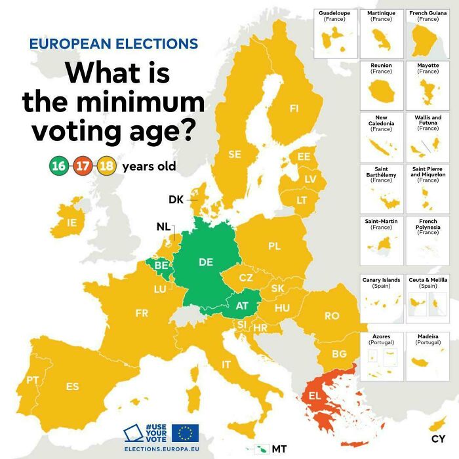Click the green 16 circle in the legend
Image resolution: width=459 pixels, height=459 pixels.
click(58, 166)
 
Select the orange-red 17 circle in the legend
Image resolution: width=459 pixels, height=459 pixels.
click(82, 166)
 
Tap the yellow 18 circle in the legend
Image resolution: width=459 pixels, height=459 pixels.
click(106, 166)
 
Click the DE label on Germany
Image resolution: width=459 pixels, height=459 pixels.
click(206, 262)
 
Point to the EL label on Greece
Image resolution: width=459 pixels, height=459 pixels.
click(315, 396)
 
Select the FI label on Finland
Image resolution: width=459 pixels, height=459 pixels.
click(294, 108)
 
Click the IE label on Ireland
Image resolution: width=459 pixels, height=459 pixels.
click(71, 223)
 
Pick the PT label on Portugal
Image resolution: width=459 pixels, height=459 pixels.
click(32, 380)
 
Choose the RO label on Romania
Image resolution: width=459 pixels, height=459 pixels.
click(332, 315)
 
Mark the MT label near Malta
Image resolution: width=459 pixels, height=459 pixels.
click(279, 449)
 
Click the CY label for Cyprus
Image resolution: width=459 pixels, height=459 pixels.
click(438, 438)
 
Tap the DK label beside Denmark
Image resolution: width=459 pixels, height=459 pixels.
click(176, 199)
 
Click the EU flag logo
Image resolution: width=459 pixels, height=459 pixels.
click(185, 433)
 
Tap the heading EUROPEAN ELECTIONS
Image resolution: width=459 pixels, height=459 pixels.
click(113, 44)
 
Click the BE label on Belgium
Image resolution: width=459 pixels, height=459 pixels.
click(161, 265)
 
